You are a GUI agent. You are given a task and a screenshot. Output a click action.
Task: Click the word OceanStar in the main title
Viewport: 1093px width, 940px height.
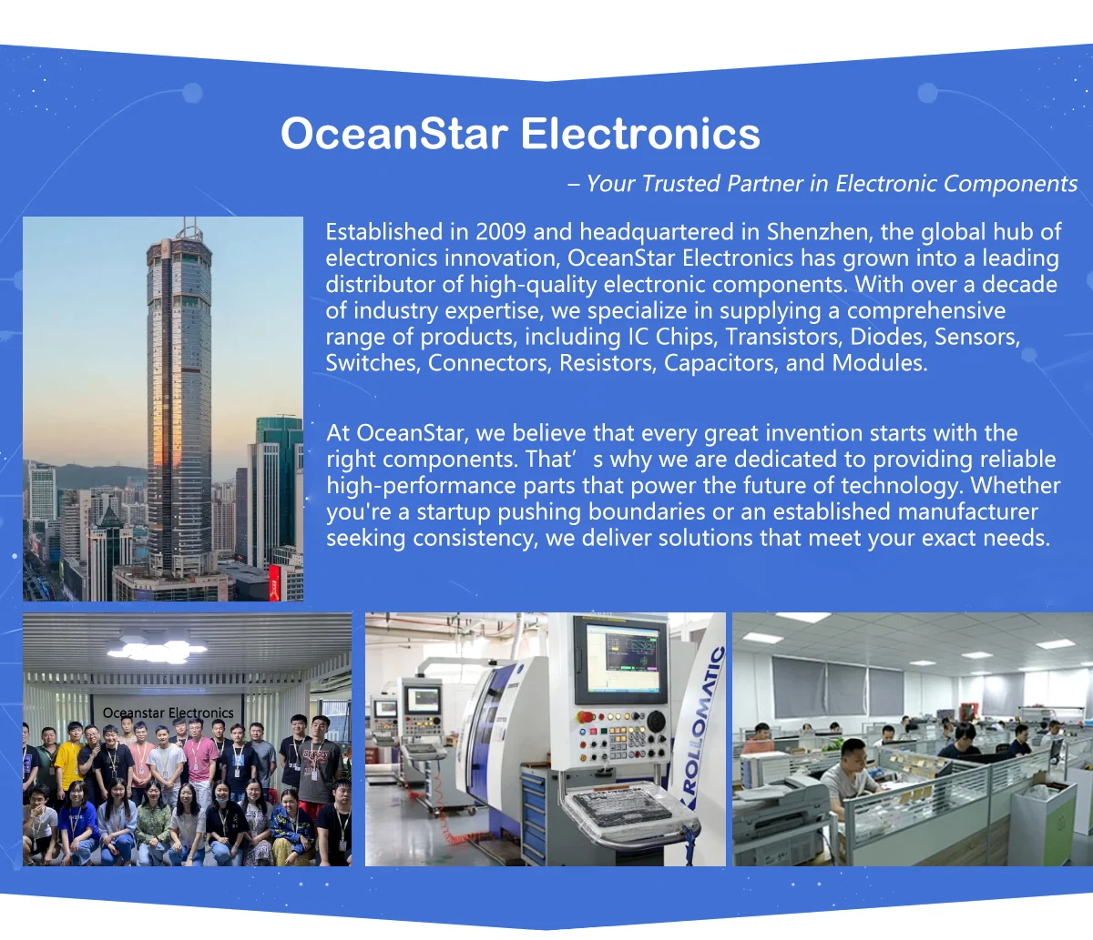[394, 134]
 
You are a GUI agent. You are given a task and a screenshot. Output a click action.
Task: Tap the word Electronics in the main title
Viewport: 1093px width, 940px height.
[640, 134]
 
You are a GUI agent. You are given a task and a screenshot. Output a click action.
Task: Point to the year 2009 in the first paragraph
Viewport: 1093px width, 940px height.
[500, 232]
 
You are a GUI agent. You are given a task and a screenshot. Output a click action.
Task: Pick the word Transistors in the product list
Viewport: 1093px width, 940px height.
[783, 337]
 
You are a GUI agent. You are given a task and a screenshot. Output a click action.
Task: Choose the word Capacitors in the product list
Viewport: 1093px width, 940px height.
[721, 363]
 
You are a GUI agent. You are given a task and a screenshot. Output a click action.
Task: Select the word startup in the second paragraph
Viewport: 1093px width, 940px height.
[455, 512]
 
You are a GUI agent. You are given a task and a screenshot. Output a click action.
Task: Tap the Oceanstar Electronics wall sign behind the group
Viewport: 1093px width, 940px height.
[169, 713]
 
